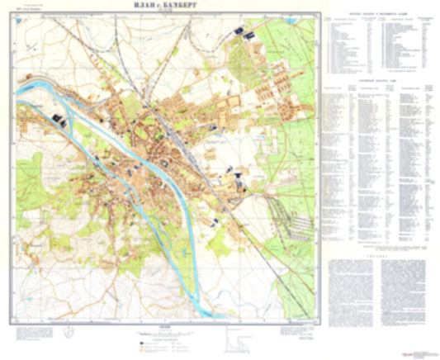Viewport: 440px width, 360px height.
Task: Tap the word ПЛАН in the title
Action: pos(146,7)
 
